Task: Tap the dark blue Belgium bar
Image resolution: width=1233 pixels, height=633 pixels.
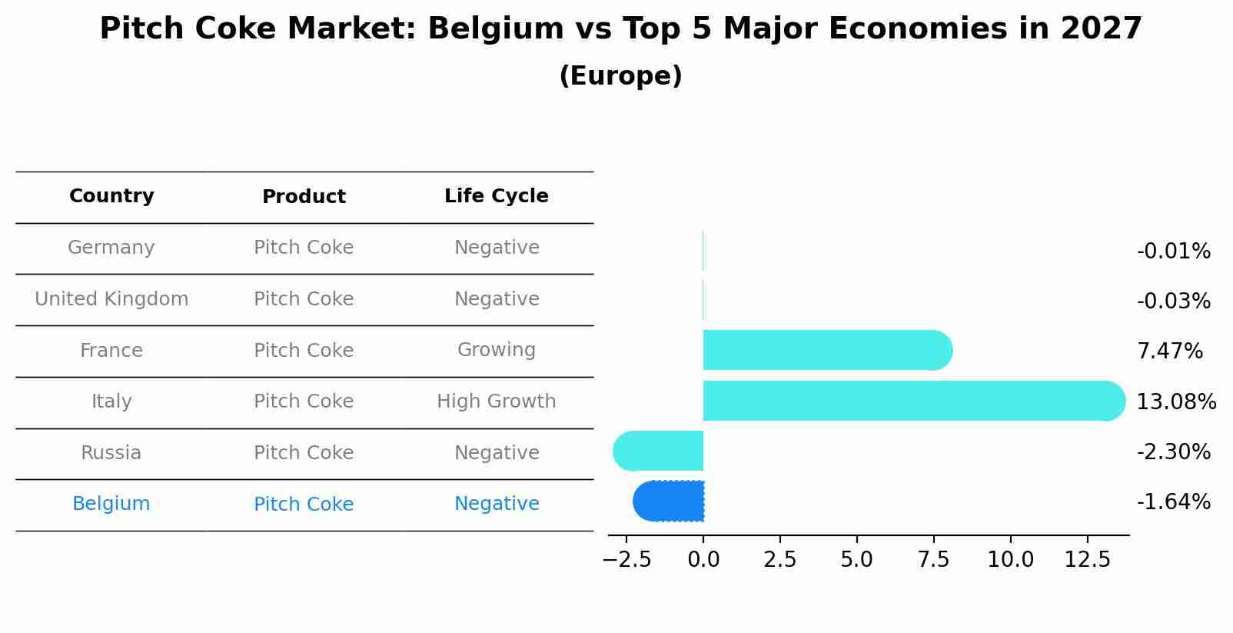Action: (x=669, y=501)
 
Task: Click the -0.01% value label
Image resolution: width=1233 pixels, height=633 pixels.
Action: (x=1173, y=252)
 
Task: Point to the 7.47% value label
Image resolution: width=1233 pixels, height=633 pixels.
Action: (x=1169, y=351)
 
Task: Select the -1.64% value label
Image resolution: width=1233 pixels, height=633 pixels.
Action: (x=1173, y=502)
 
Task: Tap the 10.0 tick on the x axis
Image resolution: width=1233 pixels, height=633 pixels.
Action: (x=1010, y=560)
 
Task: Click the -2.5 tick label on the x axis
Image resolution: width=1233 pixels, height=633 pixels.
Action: (x=626, y=560)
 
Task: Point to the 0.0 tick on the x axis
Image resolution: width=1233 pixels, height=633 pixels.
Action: (x=703, y=560)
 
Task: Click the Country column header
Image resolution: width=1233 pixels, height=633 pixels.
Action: (x=111, y=196)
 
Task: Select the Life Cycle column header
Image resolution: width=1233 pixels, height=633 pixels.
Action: (x=496, y=196)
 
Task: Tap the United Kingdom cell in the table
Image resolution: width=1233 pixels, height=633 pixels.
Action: (x=111, y=299)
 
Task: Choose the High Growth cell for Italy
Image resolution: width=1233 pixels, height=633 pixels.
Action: (x=496, y=401)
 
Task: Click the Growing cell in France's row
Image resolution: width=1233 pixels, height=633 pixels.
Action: (x=496, y=350)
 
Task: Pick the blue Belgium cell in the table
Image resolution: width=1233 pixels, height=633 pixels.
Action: (x=111, y=504)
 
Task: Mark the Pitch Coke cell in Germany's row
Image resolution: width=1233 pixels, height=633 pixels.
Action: (x=304, y=248)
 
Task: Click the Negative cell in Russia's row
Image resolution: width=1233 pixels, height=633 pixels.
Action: (x=496, y=453)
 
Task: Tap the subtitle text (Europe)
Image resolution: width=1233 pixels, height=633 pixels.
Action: (x=620, y=76)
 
